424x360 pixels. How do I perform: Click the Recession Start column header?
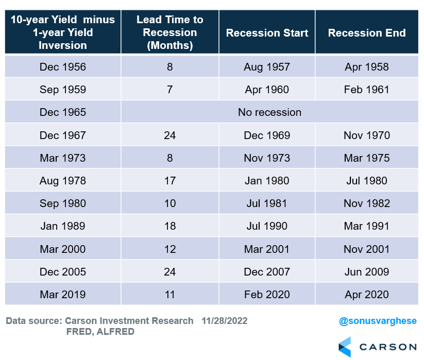tap(267, 33)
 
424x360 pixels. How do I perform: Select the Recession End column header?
tap(367, 33)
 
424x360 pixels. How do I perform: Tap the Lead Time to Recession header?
tap(169, 32)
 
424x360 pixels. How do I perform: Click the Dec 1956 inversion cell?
tap(63, 67)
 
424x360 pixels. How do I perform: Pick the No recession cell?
tap(269, 112)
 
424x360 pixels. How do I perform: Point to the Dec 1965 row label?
tap(63, 112)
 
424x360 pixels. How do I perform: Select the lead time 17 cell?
tap(169, 181)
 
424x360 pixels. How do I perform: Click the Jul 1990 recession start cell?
tap(267, 226)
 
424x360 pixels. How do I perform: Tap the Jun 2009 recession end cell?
tap(366, 272)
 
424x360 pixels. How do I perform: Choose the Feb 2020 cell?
tap(267, 295)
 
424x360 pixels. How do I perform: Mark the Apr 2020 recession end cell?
tap(366, 295)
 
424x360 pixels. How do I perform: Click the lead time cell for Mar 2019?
tap(169, 295)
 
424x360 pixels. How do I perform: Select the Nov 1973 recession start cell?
tap(267, 158)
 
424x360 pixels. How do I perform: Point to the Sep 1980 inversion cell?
tap(63, 203)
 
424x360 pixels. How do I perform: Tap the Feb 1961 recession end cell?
tap(366, 90)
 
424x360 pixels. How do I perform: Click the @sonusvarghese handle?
tap(378, 321)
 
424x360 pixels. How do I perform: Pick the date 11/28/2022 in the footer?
tap(225, 321)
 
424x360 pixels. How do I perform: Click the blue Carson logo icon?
tap(345, 347)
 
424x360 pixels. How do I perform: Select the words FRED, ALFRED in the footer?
tap(100, 332)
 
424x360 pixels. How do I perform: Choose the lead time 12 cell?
tap(169, 249)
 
